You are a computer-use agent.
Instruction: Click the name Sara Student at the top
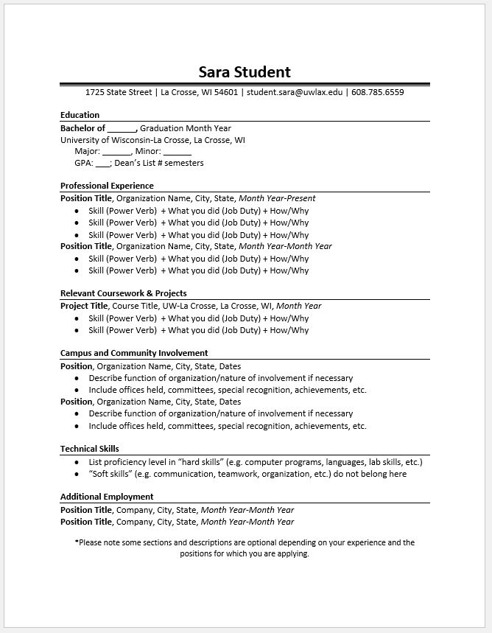click(245, 71)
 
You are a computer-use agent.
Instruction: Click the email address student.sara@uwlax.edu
click(295, 92)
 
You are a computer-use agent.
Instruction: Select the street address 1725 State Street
click(118, 92)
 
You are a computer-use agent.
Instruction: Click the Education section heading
click(80, 115)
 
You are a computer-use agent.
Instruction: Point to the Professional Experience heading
click(107, 186)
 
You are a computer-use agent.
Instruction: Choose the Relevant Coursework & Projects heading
click(123, 293)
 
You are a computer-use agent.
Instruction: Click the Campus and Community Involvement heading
click(134, 353)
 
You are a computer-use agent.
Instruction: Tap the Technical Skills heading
click(89, 448)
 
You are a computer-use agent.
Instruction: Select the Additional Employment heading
click(107, 497)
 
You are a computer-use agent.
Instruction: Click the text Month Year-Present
click(277, 198)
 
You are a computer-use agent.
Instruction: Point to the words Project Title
click(84, 306)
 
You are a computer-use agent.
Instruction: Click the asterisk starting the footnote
click(77, 542)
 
